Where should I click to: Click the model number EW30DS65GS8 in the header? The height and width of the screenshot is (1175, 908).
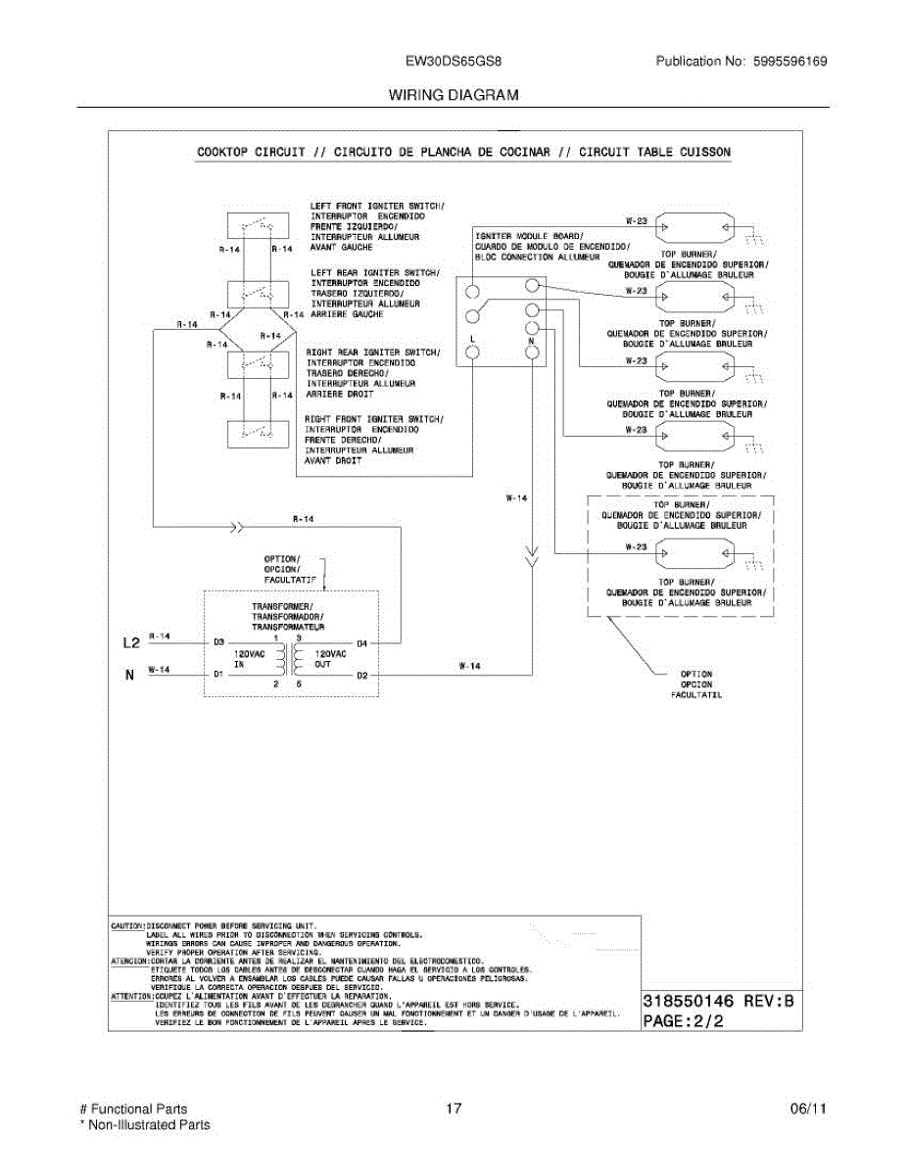(454, 61)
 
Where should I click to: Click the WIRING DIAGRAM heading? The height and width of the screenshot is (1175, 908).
(454, 95)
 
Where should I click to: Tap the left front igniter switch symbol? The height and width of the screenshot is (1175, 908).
(257, 225)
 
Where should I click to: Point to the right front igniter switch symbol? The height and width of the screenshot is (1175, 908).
(257, 432)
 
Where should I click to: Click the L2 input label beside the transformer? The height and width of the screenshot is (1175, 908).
(131, 643)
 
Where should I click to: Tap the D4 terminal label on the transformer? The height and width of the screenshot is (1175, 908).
(361, 643)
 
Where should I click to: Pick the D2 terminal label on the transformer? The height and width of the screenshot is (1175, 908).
(361, 675)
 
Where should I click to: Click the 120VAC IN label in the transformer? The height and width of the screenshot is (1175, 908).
(247, 658)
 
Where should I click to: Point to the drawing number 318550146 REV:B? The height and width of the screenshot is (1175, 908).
(716, 1002)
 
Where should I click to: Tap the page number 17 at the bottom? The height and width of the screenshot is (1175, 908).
(453, 1109)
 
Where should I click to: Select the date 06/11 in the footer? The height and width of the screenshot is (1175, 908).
(808, 1109)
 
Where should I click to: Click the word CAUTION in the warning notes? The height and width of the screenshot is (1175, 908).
(127, 924)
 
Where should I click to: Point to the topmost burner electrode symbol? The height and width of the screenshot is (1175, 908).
(695, 227)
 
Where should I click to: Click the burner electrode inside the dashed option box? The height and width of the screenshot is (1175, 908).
(695, 557)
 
